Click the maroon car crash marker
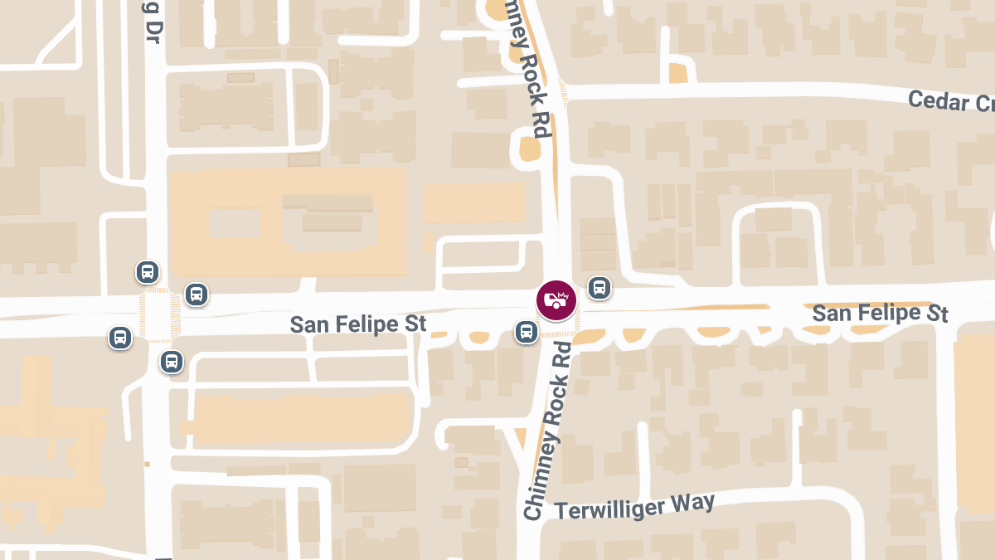556,300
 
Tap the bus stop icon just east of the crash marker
599,288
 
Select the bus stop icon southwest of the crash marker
526,332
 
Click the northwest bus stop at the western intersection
148,271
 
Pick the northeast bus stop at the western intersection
197,294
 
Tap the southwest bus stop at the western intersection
120,338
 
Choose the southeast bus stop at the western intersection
172,361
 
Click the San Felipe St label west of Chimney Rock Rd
358,324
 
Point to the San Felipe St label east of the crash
880,313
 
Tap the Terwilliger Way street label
633,505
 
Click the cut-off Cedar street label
950,102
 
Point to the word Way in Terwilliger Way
696,500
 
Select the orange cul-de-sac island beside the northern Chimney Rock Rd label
530,149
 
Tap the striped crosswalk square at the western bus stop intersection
157,315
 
